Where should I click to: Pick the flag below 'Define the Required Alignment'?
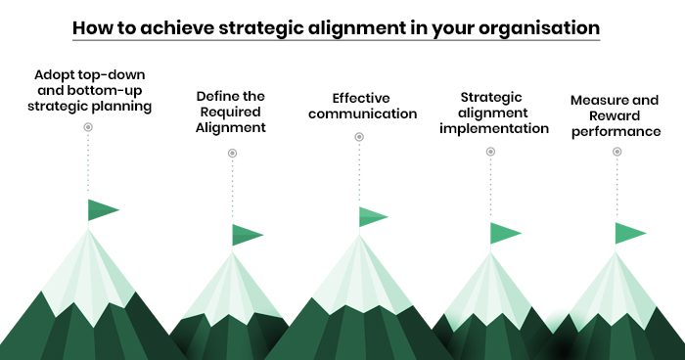[248, 235]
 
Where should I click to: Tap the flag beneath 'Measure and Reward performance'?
[630, 233]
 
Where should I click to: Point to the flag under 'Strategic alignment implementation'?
[506, 233]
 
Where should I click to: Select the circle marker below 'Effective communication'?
[359, 137]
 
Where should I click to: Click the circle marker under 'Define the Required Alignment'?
[233, 153]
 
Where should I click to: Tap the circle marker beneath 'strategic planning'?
[88, 127]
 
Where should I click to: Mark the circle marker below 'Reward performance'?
[616, 152]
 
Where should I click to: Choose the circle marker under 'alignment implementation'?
[490, 152]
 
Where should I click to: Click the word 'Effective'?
[361, 98]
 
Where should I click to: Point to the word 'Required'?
[230, 112]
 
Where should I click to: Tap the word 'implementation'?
[494, 129]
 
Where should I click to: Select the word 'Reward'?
[615, 115]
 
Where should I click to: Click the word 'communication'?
[363, 113]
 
